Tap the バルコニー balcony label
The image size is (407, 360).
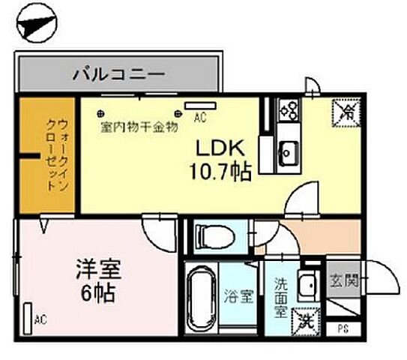click(x=119, y=73)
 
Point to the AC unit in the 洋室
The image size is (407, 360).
click(x=28, y=317)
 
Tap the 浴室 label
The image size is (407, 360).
click(x=243, y=295)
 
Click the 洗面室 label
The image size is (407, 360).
click(x=280, y=295)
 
